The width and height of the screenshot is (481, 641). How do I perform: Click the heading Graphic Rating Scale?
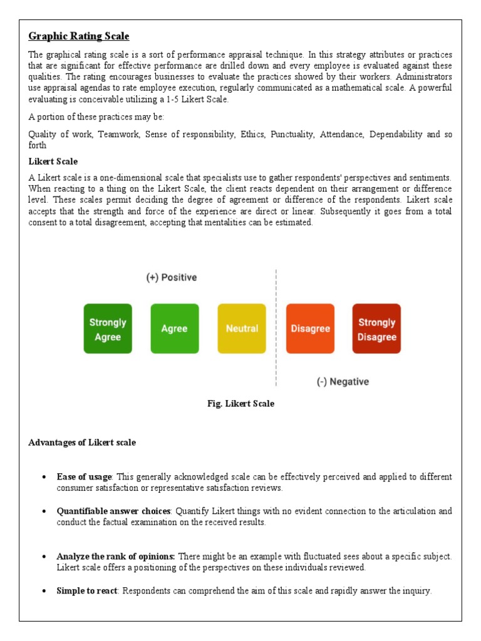click(x=79, y=36)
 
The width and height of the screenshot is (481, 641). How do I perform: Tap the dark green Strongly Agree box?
click(x=108, y=329)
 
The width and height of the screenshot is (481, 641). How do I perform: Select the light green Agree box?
click(x=175, y=329)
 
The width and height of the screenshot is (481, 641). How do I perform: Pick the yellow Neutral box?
click(x=242, y=329)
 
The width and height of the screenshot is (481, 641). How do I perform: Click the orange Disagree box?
click(x=310, y=329)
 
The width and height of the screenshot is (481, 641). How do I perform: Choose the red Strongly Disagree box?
click(x=376, y=329)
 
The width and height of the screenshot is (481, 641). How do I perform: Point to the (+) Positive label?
click(x=171, y=277)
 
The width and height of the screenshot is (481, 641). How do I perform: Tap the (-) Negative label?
click(x=343, y=381)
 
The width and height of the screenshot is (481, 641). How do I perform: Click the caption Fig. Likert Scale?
click(x=240, y=404)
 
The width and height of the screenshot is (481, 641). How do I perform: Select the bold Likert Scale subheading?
click(x=53, y=162)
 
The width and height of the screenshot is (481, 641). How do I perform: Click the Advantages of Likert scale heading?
click(x=82, y=443)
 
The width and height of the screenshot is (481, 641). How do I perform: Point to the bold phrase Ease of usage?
click(x=84, y=477)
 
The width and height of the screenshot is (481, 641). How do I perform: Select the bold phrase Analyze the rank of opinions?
click(x=116, y=556)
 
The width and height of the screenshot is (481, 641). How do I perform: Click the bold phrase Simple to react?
click(x=86, y=591)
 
